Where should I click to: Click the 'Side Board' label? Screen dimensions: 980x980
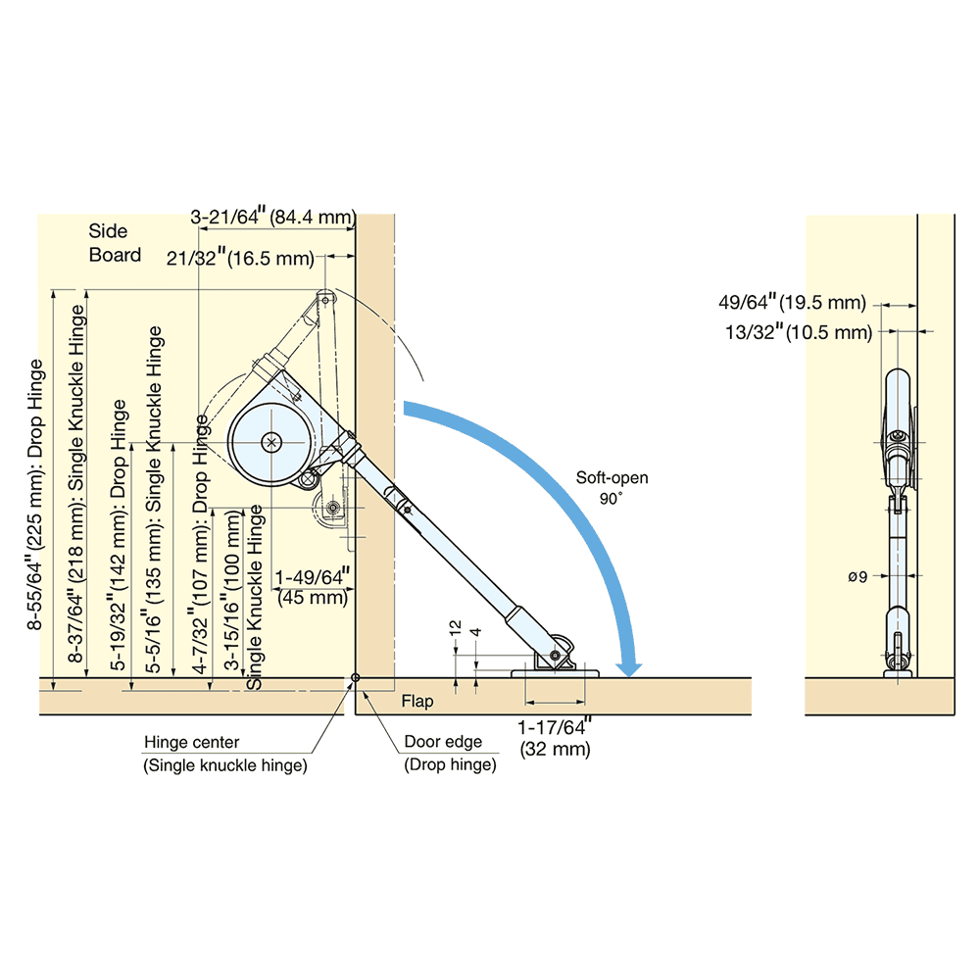(115, 243)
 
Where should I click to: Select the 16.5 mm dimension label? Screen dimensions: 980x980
(240, 259)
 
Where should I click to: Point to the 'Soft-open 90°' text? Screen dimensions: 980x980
(612, 488)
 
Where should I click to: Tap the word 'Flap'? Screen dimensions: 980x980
(417, 702)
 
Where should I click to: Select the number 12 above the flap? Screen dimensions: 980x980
(455, 627)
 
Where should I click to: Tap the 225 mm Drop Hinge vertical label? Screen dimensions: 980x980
(36, 495)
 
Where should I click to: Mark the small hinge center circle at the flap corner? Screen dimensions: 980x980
(355, 677)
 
